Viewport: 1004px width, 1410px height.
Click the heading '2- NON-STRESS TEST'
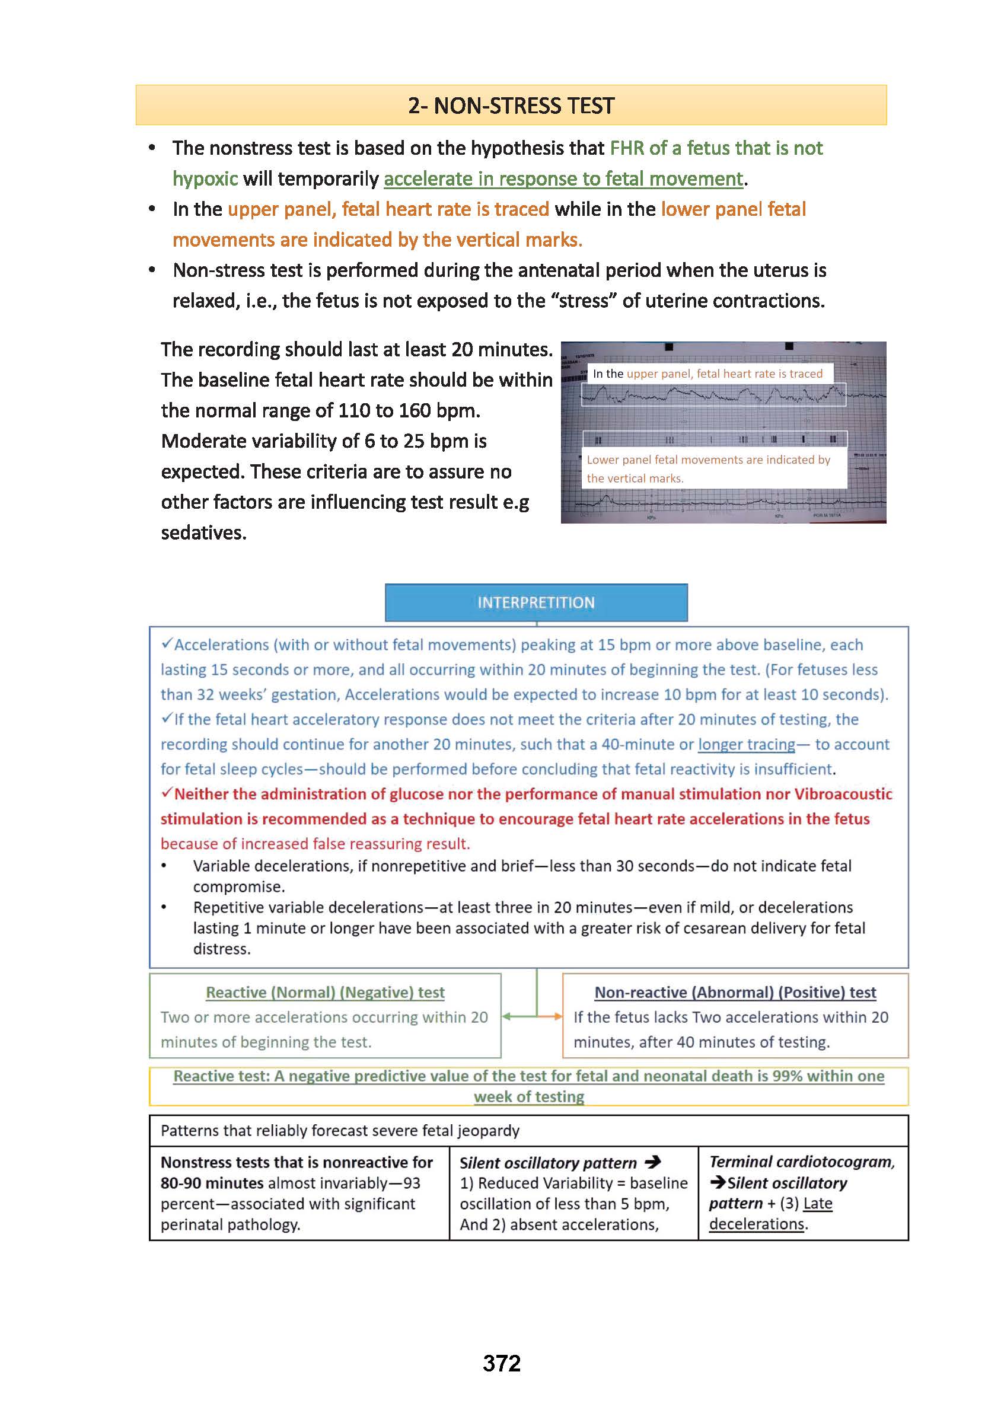(511, 106)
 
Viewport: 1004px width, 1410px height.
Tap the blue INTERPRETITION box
(536, 602)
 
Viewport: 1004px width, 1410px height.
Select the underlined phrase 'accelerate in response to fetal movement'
(563, 178)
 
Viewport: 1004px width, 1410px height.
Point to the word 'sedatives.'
(203, 532)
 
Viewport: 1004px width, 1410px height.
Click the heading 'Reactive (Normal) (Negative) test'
(324, 992)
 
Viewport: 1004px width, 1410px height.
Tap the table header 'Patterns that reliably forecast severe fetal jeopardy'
(339, 1131)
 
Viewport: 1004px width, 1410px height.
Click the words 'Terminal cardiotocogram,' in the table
(801, 1162)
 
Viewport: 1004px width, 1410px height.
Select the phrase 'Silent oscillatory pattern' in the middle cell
(547, 1163)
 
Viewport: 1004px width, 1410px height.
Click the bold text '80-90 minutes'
(212, 1182)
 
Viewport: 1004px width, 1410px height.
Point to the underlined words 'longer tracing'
(746, 744)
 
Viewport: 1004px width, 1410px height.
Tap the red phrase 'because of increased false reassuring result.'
(315, 844)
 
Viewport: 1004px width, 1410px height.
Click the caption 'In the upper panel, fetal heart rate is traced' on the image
(707, 374)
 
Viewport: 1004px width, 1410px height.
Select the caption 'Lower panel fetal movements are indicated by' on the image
(708, 460)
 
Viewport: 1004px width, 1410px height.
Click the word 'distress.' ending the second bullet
(221, 949)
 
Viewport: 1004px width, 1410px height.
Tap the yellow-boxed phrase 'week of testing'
(528, 1096)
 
